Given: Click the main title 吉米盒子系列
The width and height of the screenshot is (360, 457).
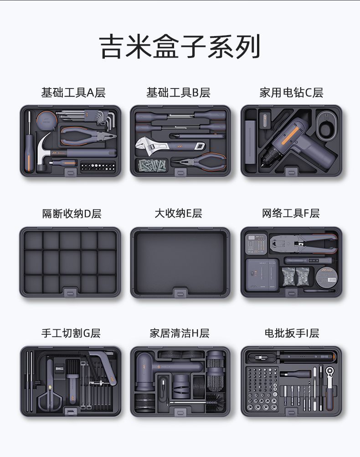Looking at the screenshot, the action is [x=180, y=47].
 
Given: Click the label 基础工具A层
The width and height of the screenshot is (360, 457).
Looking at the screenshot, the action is [x=73, y=93].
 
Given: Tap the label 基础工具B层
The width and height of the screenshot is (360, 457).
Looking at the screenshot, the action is [x=178, y=93].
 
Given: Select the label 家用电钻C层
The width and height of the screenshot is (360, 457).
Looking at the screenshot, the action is [x=291, y=93].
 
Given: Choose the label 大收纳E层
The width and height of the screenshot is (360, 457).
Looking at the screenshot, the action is [x=178, y=213].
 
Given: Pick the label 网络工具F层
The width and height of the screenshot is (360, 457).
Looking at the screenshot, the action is [x=291, y=213].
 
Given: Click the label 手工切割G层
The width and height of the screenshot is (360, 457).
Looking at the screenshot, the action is [x=71, y=333].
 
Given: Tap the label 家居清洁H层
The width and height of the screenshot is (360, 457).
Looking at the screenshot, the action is [x=180, y=333].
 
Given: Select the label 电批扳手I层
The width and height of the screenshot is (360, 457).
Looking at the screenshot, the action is [x=292, y=333].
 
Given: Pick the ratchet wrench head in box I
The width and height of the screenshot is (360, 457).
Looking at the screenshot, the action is [x=330, y=371].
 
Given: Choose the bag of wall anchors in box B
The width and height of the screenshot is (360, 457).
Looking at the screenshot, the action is [x=152, y=166].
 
